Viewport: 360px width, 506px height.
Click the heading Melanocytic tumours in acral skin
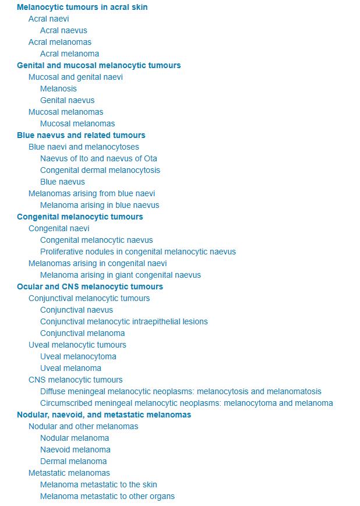[x=82, y=7]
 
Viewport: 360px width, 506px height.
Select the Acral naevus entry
[x=63, y=30]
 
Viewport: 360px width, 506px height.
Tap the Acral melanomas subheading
[x=60, y=42]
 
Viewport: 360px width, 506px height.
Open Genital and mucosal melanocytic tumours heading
[x=98, y=65]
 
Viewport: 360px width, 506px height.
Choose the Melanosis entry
[x=58, y=89]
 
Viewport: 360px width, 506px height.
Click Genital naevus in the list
[x=67, y=100]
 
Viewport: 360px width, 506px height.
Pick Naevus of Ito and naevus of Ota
[x=98, y=158]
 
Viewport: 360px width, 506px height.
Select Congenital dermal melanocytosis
[x=100, y=170]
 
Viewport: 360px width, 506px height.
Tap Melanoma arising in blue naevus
[x=100, y=205]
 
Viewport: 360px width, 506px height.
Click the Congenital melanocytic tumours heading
[x=80, y=217]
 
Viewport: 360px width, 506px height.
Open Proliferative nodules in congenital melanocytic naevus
[x=138, y=252]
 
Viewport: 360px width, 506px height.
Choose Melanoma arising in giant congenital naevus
[x=121, y=275]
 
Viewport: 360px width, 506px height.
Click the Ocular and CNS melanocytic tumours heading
[x=90, y=286]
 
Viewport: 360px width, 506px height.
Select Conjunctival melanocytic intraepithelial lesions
[x=124, y=321]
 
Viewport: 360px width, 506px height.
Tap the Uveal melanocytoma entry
[x=78, y=356]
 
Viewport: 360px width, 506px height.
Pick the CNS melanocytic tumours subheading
[x=76, y=380]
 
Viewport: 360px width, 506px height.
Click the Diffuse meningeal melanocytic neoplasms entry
[x=181, y=391]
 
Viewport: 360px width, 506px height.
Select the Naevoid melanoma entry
[x=75, y=450]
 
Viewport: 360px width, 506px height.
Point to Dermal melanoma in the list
[x=73, y=461]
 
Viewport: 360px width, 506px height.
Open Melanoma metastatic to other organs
[x=107, y=496]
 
